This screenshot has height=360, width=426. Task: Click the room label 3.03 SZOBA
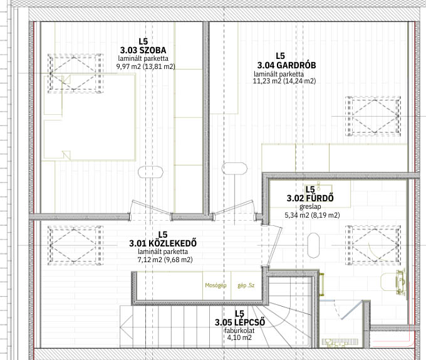point(143,50)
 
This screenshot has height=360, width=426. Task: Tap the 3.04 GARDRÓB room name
point(287,65)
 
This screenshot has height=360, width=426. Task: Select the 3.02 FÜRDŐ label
point(310,198)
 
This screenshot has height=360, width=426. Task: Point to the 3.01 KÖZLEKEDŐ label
point(163,243)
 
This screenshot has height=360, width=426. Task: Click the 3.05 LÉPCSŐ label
point(240,322)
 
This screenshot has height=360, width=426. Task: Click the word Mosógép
point(216,285)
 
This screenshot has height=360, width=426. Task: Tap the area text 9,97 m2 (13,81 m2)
point(145,66)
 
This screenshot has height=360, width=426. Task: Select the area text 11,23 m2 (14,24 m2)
point(284,81)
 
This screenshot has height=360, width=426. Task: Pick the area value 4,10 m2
point(239,337)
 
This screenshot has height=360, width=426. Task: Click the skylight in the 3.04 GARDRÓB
point(373,116)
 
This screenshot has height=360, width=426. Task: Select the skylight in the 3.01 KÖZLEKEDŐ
point(76,245)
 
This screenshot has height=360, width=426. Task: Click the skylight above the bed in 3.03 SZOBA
point(76,73)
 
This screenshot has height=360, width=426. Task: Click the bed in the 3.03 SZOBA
point(90,117)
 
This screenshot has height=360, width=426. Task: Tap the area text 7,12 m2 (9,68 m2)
point(165,260)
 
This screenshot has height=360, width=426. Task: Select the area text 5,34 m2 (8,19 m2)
point(312,215)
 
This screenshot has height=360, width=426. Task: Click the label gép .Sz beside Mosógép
point(246,285)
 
